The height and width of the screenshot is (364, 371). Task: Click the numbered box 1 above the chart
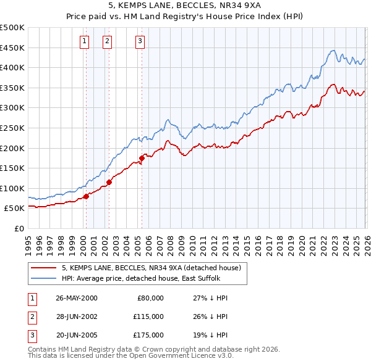[84, 41]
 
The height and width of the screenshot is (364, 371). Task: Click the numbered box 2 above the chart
[107, 41]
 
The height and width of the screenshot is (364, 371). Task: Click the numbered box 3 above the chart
[140, 41]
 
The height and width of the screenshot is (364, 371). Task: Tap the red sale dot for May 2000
[86, 196]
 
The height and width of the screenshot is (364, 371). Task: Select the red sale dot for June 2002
[109, 182]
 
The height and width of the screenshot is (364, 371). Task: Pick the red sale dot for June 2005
[142, 158]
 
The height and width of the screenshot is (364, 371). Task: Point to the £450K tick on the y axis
[12, 48]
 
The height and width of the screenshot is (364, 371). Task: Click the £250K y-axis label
[12, 128]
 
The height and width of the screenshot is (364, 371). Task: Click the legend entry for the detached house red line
[155, 268]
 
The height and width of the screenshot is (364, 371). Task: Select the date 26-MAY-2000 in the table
[77, 298]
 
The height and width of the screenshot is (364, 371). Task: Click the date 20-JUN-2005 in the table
[77, 335]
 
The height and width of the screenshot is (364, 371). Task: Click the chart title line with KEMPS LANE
[185, 7]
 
